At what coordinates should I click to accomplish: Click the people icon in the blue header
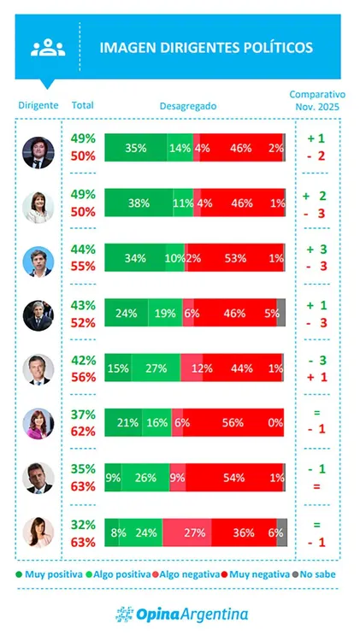click(x=48, y=48)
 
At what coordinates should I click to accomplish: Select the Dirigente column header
click(x=38, y=105)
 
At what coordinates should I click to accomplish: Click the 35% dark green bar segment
click(x=136, y=148)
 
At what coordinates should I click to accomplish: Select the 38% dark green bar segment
click(x=139, y=203)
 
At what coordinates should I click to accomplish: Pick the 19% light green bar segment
click(x=165, y=314)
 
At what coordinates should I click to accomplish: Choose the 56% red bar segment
click(x=227, y=423)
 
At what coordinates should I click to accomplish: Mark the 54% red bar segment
click(x=227, y=477)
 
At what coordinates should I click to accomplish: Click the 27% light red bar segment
click(x=194, y=532)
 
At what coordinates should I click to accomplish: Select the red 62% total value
click(x=83, y=432)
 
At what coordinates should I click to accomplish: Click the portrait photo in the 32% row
click(x=38, y=532)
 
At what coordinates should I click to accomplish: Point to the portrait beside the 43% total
click(x=38, y=314)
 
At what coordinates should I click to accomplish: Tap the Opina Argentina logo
click(x=181, y=614)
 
